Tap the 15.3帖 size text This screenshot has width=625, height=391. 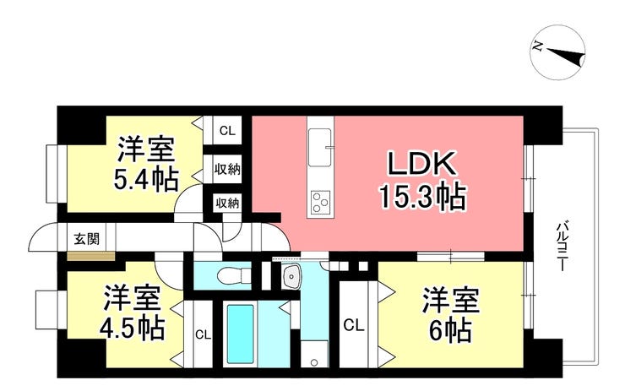(421, 198)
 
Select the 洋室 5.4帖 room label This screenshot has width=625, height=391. (146, 166)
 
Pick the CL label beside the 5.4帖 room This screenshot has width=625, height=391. (226, 131)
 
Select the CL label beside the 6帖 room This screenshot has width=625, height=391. (353, 323)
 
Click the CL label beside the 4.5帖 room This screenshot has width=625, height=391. (203, 334)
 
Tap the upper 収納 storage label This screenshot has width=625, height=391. (226, 169)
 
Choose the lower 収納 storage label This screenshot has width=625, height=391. (226, 203)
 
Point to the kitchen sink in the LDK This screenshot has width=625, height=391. (321, 149)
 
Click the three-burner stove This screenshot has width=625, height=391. (321, 201)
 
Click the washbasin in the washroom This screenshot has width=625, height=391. (291, 275)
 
